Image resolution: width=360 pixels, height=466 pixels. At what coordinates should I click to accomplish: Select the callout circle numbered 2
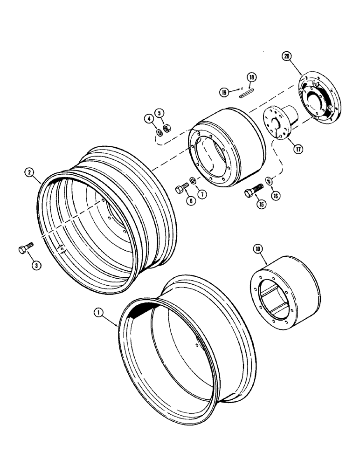pyautogui.click(x=29, y=173)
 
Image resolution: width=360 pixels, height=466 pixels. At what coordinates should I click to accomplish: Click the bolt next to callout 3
pyautogui.click(x=26, y=247)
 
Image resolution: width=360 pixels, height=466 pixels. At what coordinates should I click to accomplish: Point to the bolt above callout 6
pyautogui.click(x=181, y=189)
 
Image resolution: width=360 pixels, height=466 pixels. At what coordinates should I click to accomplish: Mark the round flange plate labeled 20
pyautogui.click(x=319, y=100)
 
